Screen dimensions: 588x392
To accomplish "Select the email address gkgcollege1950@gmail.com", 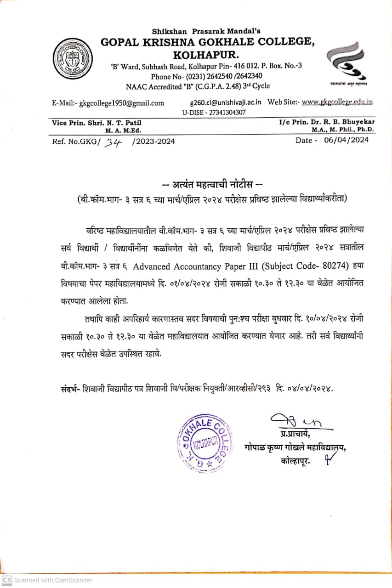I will coord(122,103).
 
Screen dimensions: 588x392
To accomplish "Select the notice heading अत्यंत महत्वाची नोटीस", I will coord(212,186).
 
